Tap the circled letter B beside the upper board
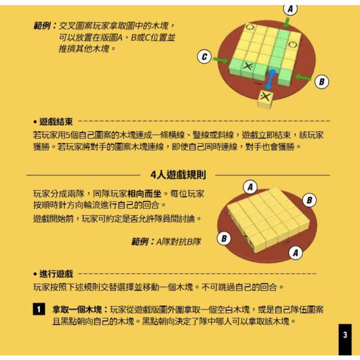tap(321, 81)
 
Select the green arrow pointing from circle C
tap(221, 60)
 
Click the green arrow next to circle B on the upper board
tap(303, 78)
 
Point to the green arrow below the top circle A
tap(287, 21)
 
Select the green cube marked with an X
tap(248, 66)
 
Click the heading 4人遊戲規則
tap(178, 175)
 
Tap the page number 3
tap(345, 335)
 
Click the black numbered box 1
tap(39, 310)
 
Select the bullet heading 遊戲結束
tap(56, 122)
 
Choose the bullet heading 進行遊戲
tap(56, 274)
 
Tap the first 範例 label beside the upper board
tap(44, 26)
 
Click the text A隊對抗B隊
tap(178, 241)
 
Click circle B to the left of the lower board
tap(224, 238)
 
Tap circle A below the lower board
tap(296, 252)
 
